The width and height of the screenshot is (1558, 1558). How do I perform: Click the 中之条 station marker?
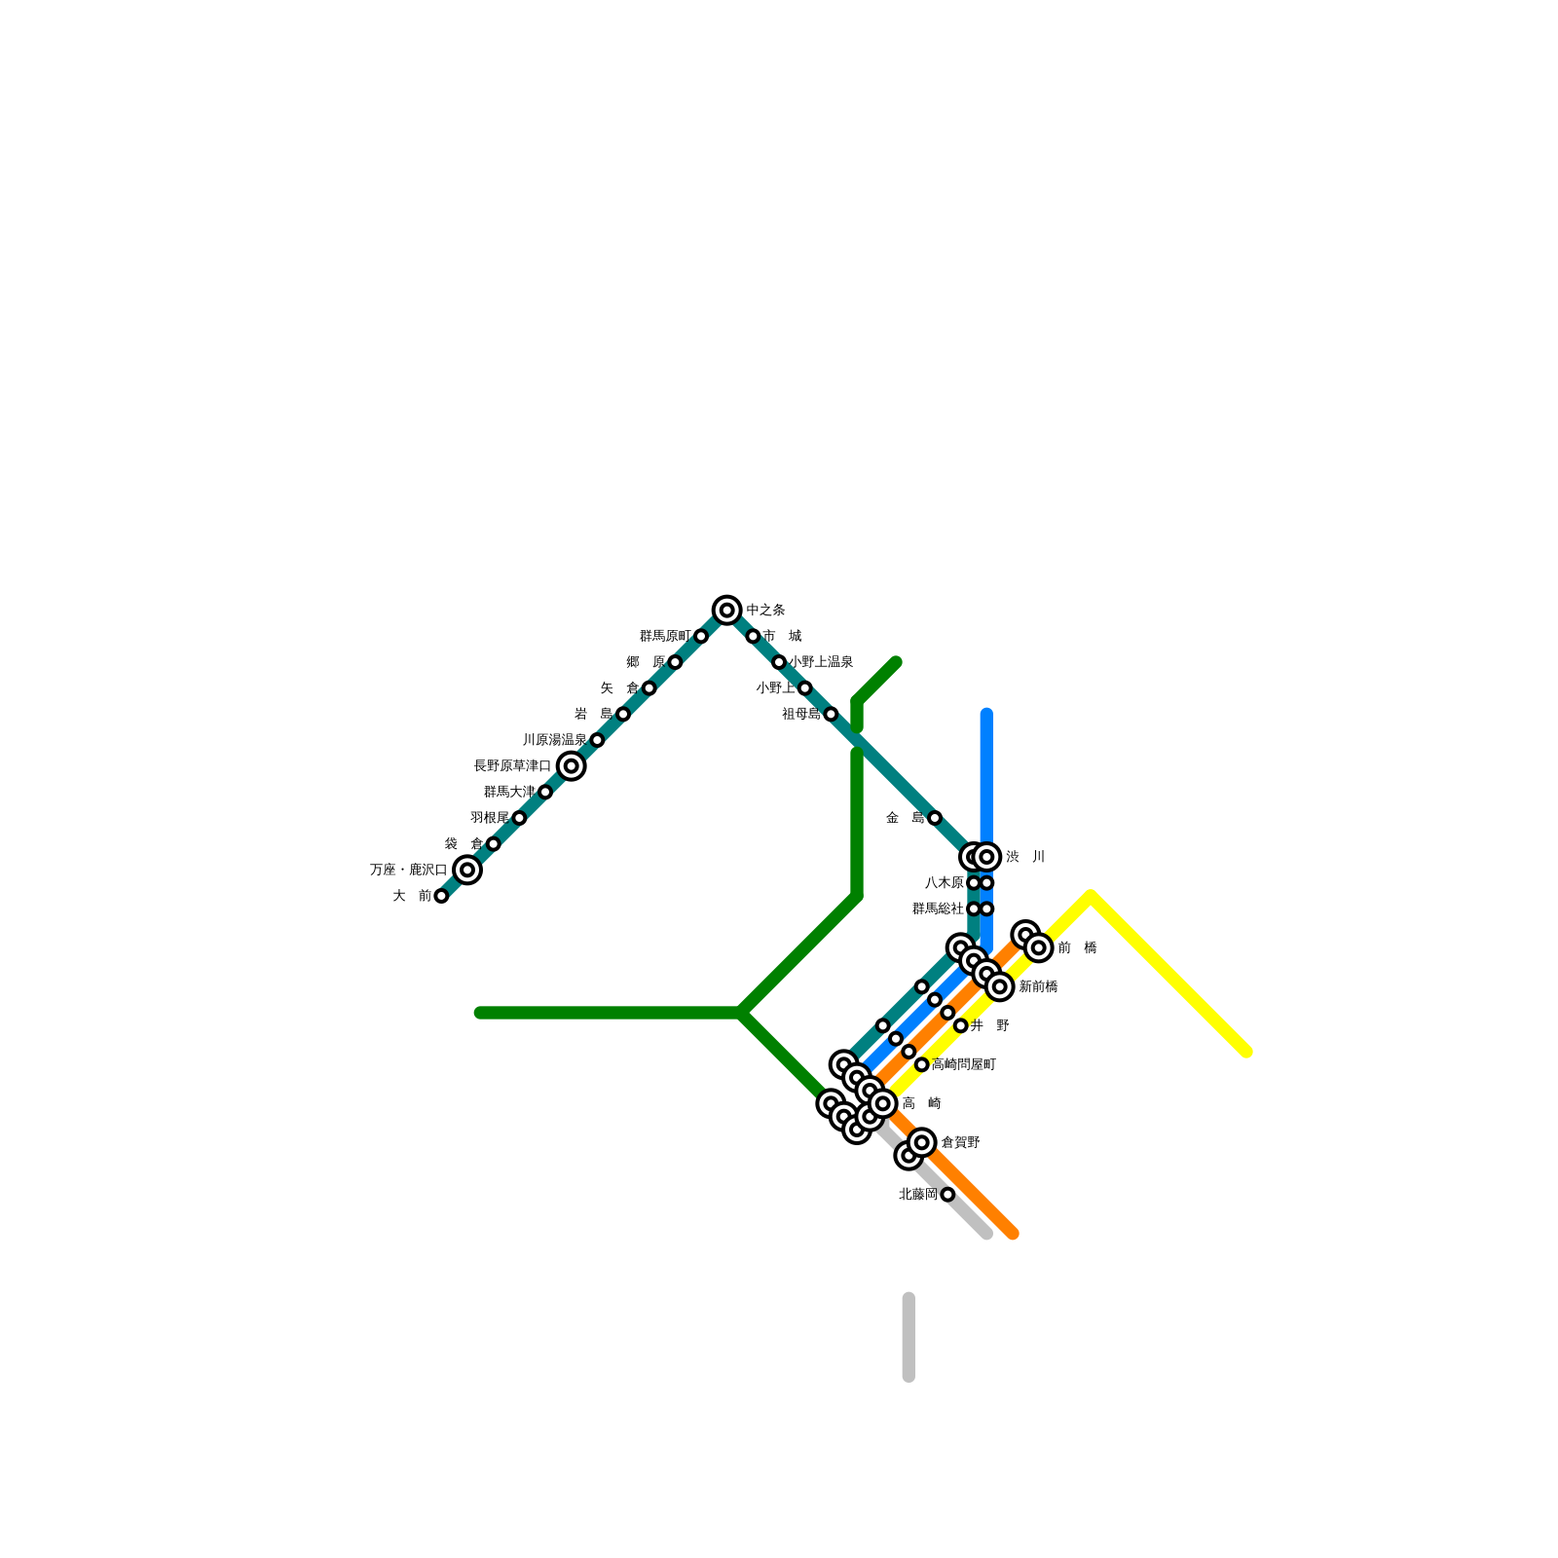726,611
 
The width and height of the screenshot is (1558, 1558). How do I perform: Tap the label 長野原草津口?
512,766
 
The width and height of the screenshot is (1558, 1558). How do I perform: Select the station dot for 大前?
441,896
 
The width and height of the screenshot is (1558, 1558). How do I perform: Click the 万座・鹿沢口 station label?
408,870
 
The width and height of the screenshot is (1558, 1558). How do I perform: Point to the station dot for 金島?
935,818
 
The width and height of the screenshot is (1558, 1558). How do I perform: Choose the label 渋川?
1025,857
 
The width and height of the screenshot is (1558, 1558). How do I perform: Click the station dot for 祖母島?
831,714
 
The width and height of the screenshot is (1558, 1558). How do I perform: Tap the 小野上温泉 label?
821,662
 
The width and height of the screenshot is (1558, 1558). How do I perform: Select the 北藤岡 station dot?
947,1195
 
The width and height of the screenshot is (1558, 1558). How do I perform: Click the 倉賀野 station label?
960,1142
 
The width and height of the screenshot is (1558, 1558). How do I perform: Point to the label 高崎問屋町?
963,1064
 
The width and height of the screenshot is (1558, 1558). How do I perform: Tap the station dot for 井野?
960,1025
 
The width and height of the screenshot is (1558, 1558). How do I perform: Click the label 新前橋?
1038,986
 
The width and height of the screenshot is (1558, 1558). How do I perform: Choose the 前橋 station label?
1077,947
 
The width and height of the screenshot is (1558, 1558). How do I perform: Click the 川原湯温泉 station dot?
597,740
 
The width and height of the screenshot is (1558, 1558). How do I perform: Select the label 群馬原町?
665,636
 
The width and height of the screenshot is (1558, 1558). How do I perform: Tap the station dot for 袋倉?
493,844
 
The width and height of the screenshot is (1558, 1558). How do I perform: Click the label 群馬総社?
938,909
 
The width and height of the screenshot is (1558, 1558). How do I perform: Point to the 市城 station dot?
753,636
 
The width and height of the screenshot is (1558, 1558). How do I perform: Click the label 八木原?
944,883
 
